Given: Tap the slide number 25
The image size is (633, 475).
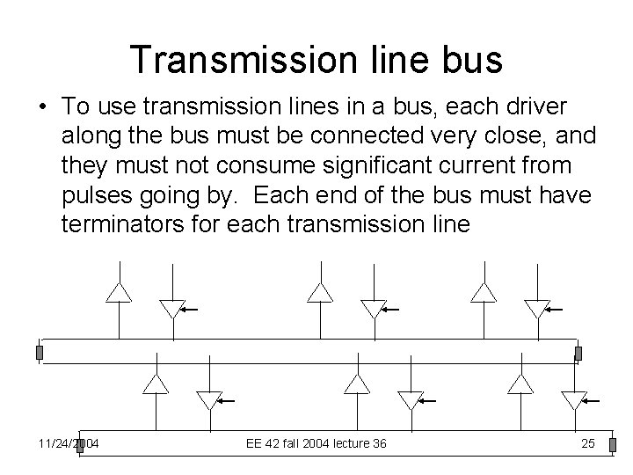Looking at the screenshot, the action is [x=588, y=443].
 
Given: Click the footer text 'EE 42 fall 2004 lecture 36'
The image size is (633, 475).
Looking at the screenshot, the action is [x=316, y=443].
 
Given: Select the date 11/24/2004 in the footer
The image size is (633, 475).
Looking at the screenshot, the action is [x=69, y=443].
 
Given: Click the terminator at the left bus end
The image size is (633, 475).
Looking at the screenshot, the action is [x=39, y=353].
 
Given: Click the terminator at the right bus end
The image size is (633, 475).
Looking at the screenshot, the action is [x=578, y=353].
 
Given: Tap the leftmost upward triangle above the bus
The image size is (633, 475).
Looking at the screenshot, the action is [x=119, y=292].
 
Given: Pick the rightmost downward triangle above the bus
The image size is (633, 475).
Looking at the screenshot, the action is [x=536, y=309].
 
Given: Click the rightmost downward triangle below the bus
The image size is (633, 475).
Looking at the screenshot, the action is [x=574, y=400].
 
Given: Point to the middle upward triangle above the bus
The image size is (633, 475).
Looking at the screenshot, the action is [x=320, y=292].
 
